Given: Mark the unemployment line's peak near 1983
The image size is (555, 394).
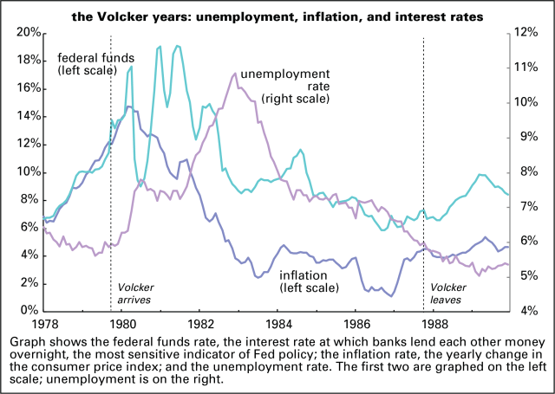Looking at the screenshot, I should coord(235,74).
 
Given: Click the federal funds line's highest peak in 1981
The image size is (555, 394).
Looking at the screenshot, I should coord(177,46).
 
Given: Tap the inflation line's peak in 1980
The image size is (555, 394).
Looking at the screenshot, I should coord(128,107).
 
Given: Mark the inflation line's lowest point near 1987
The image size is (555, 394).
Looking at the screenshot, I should coord(392,296).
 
